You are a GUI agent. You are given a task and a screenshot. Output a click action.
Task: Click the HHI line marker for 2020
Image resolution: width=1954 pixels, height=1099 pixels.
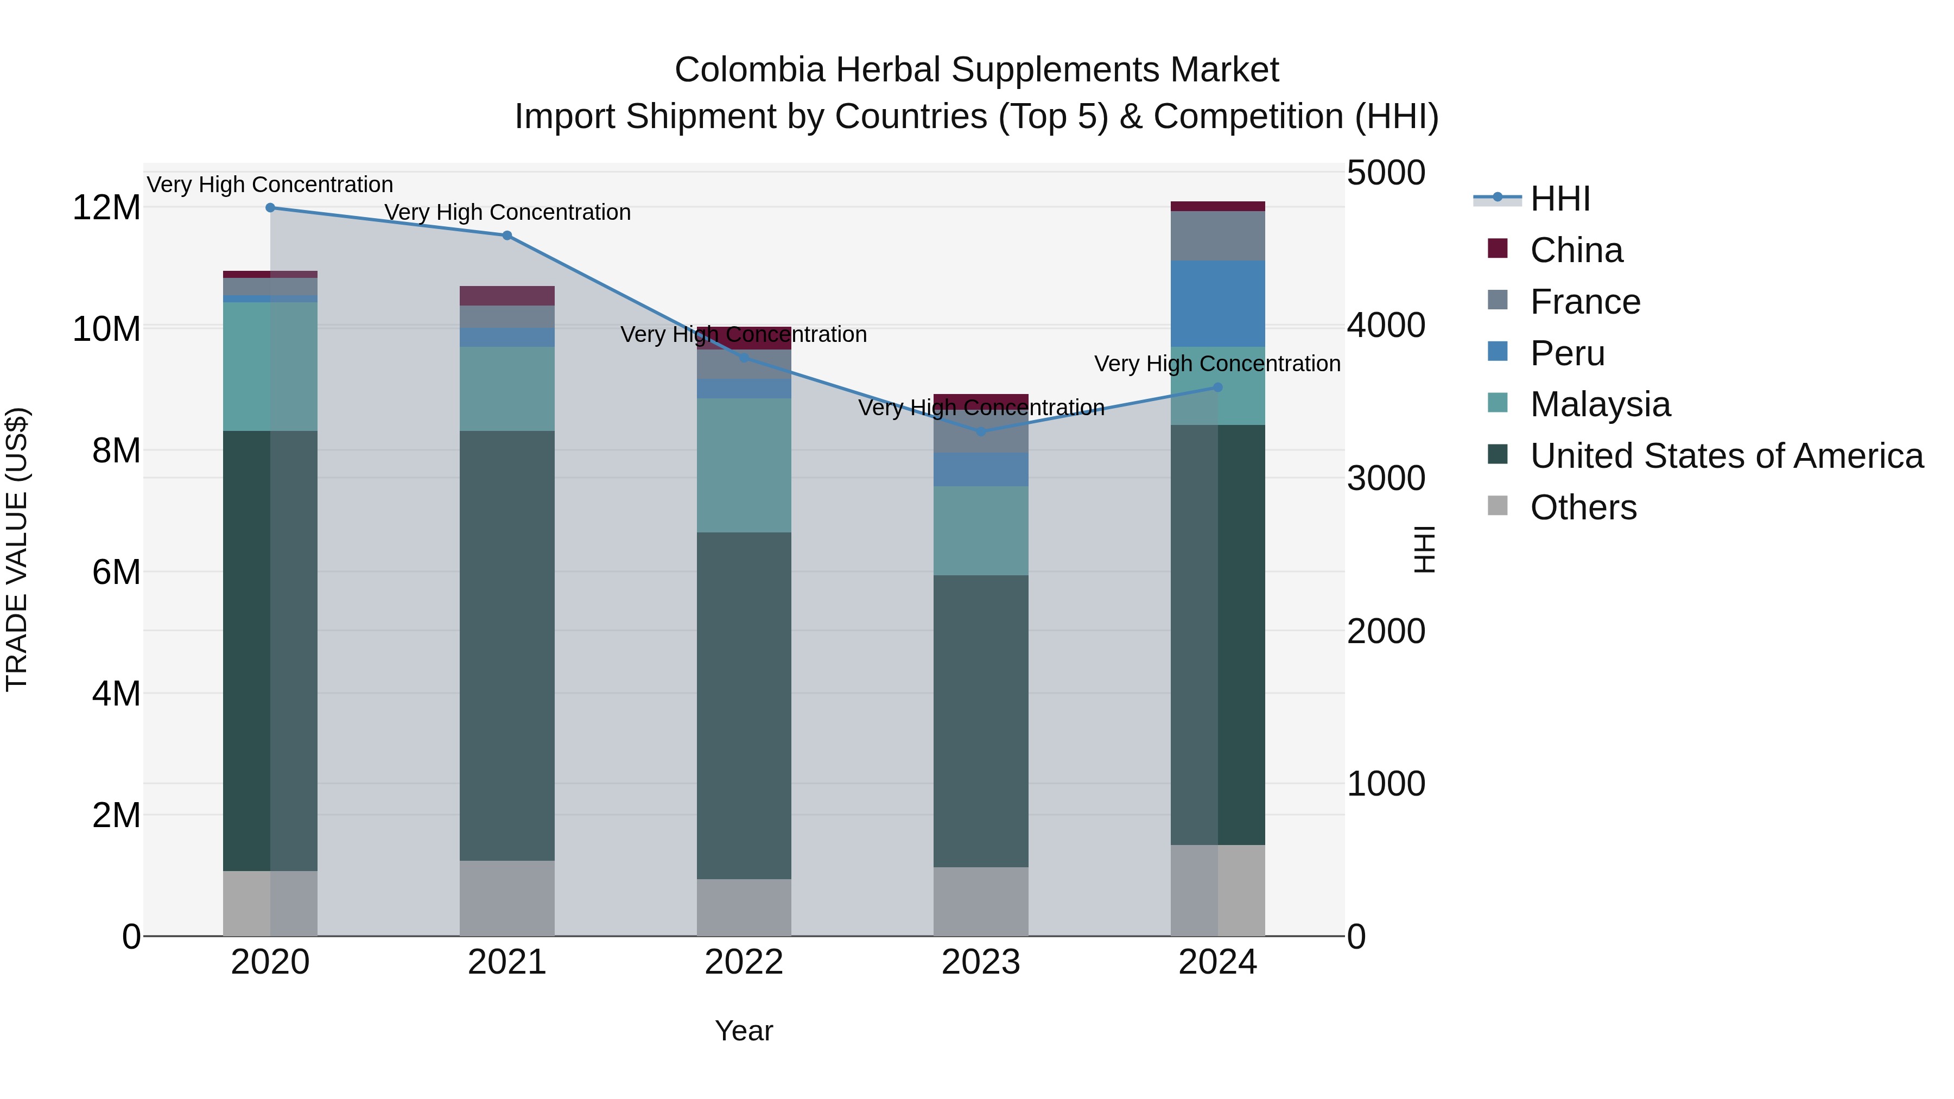coord(270,208)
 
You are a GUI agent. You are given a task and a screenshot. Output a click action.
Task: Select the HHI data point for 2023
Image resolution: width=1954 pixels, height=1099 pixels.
coord(981,431)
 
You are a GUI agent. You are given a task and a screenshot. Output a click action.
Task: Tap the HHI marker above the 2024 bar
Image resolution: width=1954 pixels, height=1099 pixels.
coord(1217,387)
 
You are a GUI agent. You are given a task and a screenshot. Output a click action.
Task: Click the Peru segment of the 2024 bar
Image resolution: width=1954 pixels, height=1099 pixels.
coord(1217,303)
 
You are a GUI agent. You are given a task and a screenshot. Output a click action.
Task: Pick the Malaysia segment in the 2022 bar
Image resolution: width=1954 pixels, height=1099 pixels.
coord(744,465)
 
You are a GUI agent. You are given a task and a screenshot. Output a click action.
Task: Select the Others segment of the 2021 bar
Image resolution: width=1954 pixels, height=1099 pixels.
coord(507,898)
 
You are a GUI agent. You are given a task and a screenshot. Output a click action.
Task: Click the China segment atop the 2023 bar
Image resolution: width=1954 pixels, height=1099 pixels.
coord(981,401)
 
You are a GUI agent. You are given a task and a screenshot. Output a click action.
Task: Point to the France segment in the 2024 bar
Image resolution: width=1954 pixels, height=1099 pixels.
coord(1217,236)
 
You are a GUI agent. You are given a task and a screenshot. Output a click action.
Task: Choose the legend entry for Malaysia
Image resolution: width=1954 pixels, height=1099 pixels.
coord(1600,404)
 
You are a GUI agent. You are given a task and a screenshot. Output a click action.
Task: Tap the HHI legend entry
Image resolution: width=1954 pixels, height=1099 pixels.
coord(1559,199)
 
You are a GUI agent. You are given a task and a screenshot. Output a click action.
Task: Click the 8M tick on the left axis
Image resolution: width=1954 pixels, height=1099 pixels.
coord(116,450)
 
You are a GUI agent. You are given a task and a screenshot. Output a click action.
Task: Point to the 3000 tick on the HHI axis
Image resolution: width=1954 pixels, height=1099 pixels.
coord(1386,479)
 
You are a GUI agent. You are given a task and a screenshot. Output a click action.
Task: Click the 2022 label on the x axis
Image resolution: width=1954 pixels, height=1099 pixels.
coord(744,962)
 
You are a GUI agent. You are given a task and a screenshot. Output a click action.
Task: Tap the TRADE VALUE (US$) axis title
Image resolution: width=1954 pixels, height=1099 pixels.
coord(17,549)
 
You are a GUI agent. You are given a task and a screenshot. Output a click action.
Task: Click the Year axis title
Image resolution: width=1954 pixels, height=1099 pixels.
coord(744,1031)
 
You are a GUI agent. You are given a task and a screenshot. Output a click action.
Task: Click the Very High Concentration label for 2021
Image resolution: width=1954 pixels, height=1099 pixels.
coord(507,212)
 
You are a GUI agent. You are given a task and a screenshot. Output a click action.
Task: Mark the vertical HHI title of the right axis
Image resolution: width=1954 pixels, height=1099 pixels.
coord(1425,549)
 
